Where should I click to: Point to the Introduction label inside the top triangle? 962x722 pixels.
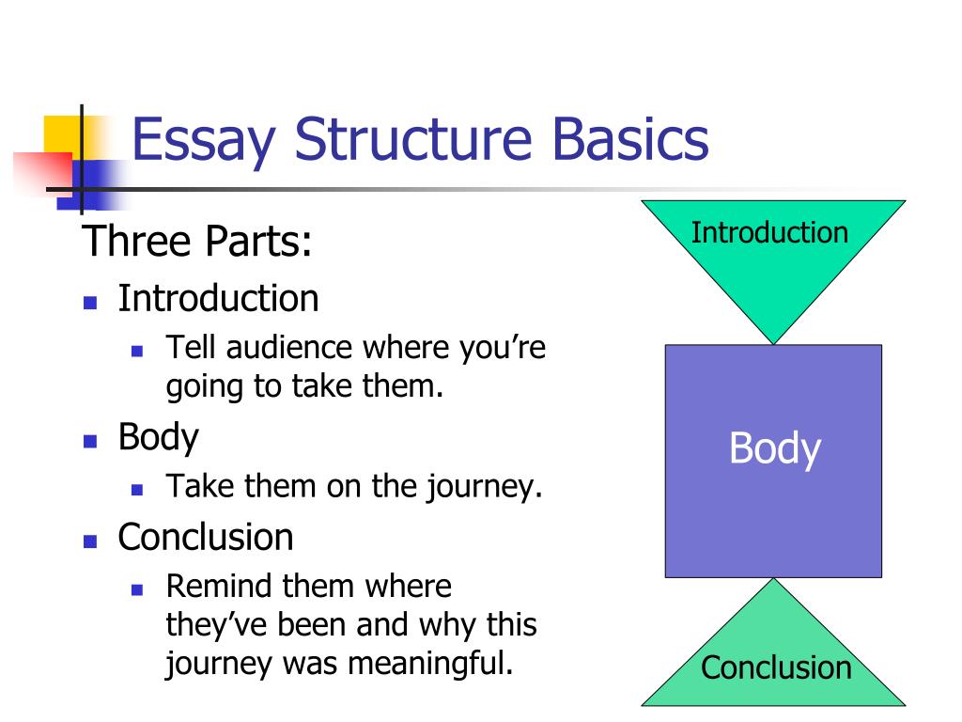coord(769,232)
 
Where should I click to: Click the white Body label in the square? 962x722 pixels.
coord(774,449)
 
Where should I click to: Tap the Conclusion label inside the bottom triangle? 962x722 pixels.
coord(776,667)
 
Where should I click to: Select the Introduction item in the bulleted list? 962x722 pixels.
coord(218,298)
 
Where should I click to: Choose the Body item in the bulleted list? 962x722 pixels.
coord(158,436)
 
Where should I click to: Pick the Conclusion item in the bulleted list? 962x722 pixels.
coord(206,537)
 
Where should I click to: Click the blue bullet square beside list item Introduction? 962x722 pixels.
coord(90,304)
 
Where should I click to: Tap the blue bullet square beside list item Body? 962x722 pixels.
coord(90,441)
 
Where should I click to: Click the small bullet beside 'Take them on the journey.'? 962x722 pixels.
coord(136,490)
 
